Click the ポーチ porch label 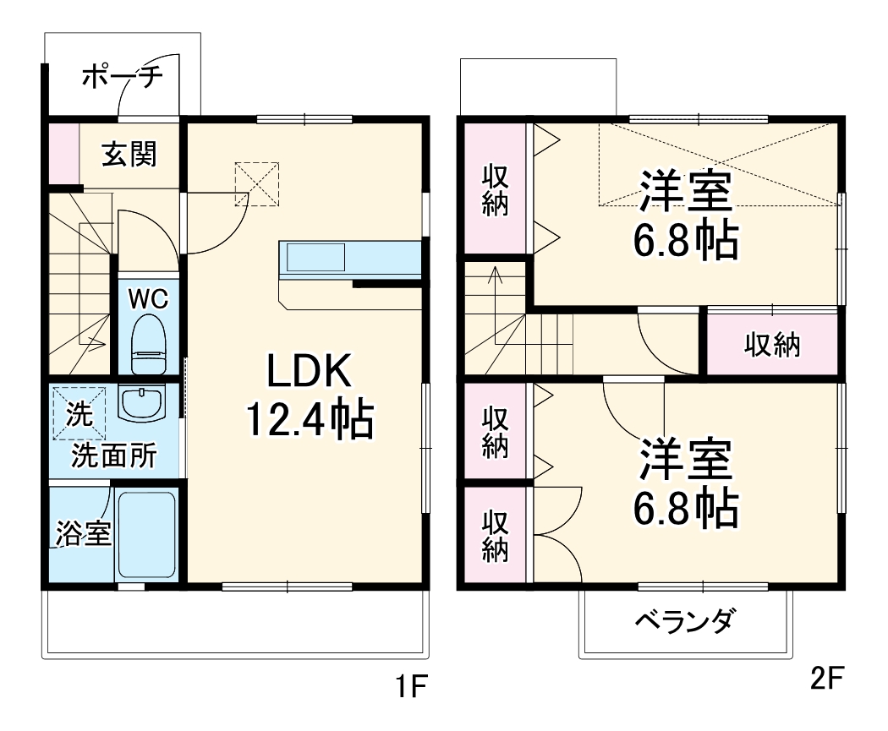122,78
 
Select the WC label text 148,298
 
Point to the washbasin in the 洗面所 141,404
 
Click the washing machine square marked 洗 79,413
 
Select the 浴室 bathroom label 84,533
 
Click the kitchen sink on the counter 315,257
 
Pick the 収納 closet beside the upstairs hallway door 772,344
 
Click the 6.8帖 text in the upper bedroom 685,242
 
